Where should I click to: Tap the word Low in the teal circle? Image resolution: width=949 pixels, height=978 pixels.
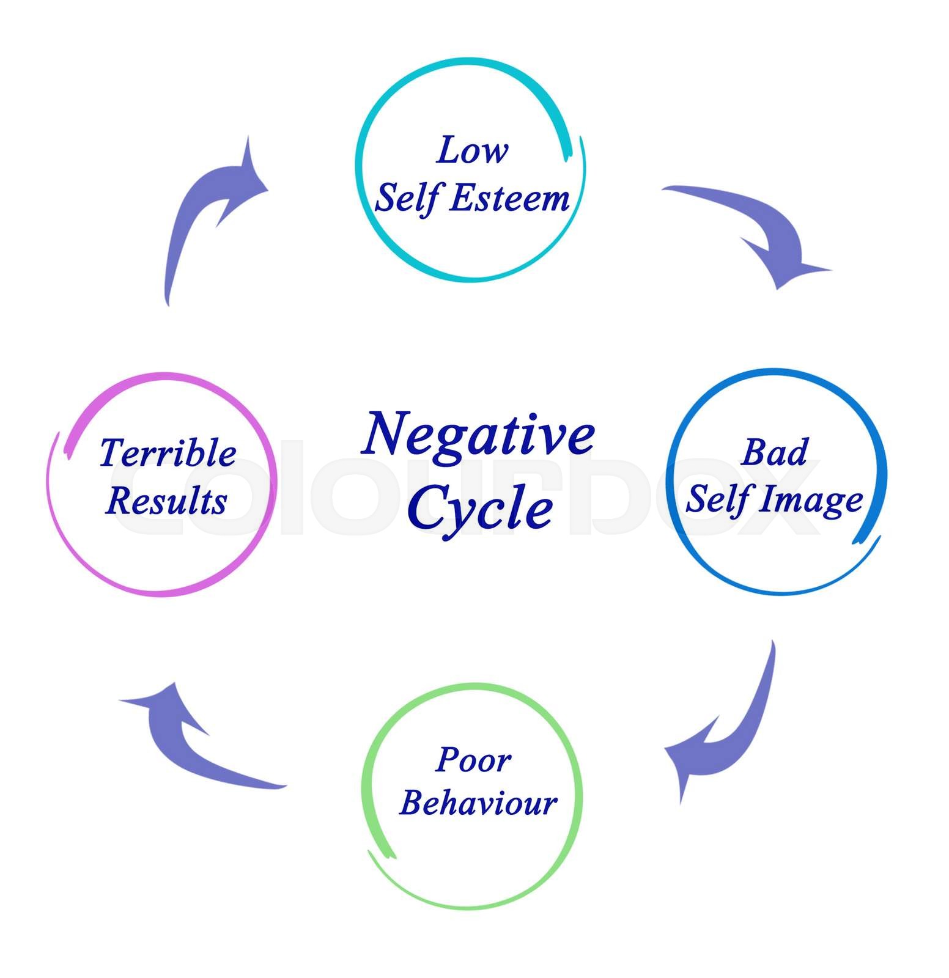[471, 150]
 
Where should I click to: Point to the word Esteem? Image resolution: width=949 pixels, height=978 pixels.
[509, 199]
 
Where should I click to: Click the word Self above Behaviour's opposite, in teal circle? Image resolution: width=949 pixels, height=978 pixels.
[407, 199]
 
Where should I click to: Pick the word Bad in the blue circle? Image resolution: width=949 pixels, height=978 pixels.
[774, 452]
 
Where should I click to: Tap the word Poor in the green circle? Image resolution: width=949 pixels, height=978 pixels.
[473, 760]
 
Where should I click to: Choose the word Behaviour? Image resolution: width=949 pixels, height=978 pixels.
[478, 803]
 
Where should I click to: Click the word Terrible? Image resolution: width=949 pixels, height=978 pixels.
[168, 453]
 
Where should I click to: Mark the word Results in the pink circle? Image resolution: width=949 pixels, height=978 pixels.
[166, 501]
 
